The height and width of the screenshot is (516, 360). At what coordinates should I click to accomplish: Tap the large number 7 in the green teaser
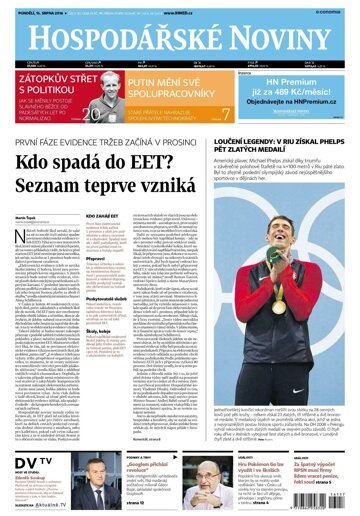click(x=226, y=114)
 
